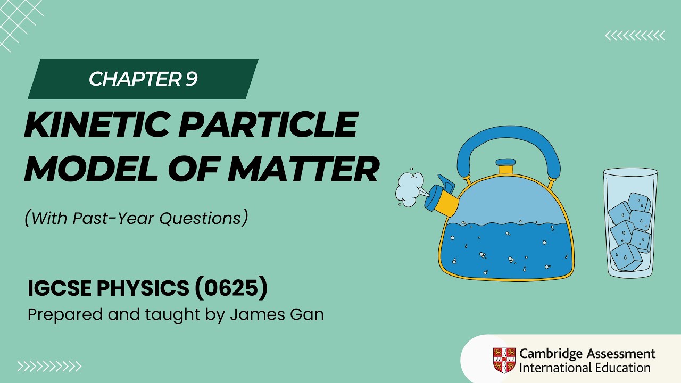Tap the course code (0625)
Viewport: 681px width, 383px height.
(x=231, y=288)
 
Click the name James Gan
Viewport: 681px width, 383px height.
(x=277, y=315)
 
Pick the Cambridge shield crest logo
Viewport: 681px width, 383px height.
(x=504, y=360)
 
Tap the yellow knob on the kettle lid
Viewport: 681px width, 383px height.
(x=505, y=169)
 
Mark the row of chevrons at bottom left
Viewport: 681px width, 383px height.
(x=49, y=366)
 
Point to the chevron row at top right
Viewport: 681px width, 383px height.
(x=635, y=36)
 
